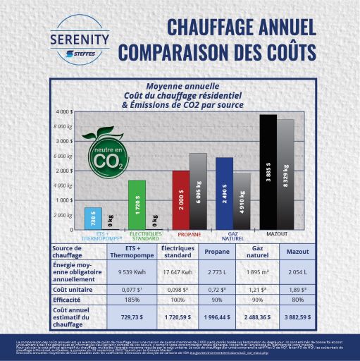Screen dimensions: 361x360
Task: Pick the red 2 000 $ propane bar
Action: coord(180,200)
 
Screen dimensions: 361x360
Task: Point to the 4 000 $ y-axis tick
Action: coord(63,112)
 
